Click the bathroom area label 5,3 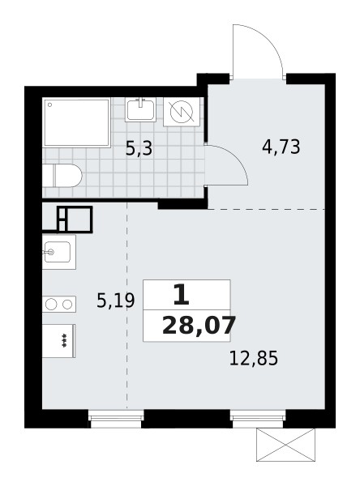pyautogui.click(x=139, y=148)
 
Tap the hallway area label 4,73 pyautogui.click(x=281, y=147)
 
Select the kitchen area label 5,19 pyautogui.click(x=114, y=301)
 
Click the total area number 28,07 pyautogui.click(x=199, y=326)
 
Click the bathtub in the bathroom pyautogui.click(x=76, y=122)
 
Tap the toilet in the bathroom pyautogui.click(x=63, y=176)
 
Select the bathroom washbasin pyautogui.click(x=142, y=109)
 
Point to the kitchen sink pyautogui.click(x=58, y=252)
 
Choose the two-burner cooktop pyautogui.click(x=58, y=305)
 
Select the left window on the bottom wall pyautogui.click(x=116, y=418)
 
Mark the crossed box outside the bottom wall pyautogui.click(x=285, y=445)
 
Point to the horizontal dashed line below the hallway pyautogui.click(x=268, y=209)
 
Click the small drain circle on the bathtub pyautogui.click(x=49, y=104)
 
